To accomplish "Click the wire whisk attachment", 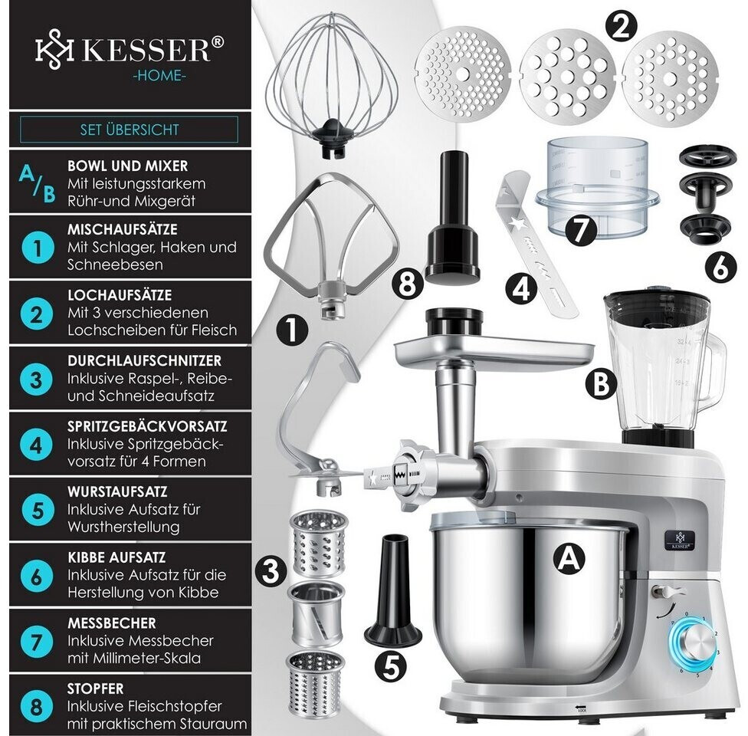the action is click(x=333, y=81).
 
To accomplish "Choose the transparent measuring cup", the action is click(x=598, y=189).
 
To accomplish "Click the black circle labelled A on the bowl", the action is click(x=569, y=557).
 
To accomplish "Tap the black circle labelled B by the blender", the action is click(x=601, y=383).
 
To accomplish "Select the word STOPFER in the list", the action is click(x=95, y=688).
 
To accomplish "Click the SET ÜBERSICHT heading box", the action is click(x=129, y=130).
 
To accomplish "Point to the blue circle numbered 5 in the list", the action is click(x=37, y=511).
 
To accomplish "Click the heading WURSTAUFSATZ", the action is click(x=117, y=491).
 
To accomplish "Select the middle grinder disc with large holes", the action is click(x=566, y=77).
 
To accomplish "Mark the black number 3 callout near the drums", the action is click(x=271, y=570).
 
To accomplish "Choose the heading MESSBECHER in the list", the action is click(x=112, y=623).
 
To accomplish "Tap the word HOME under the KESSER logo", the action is click(x=159, y=75).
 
